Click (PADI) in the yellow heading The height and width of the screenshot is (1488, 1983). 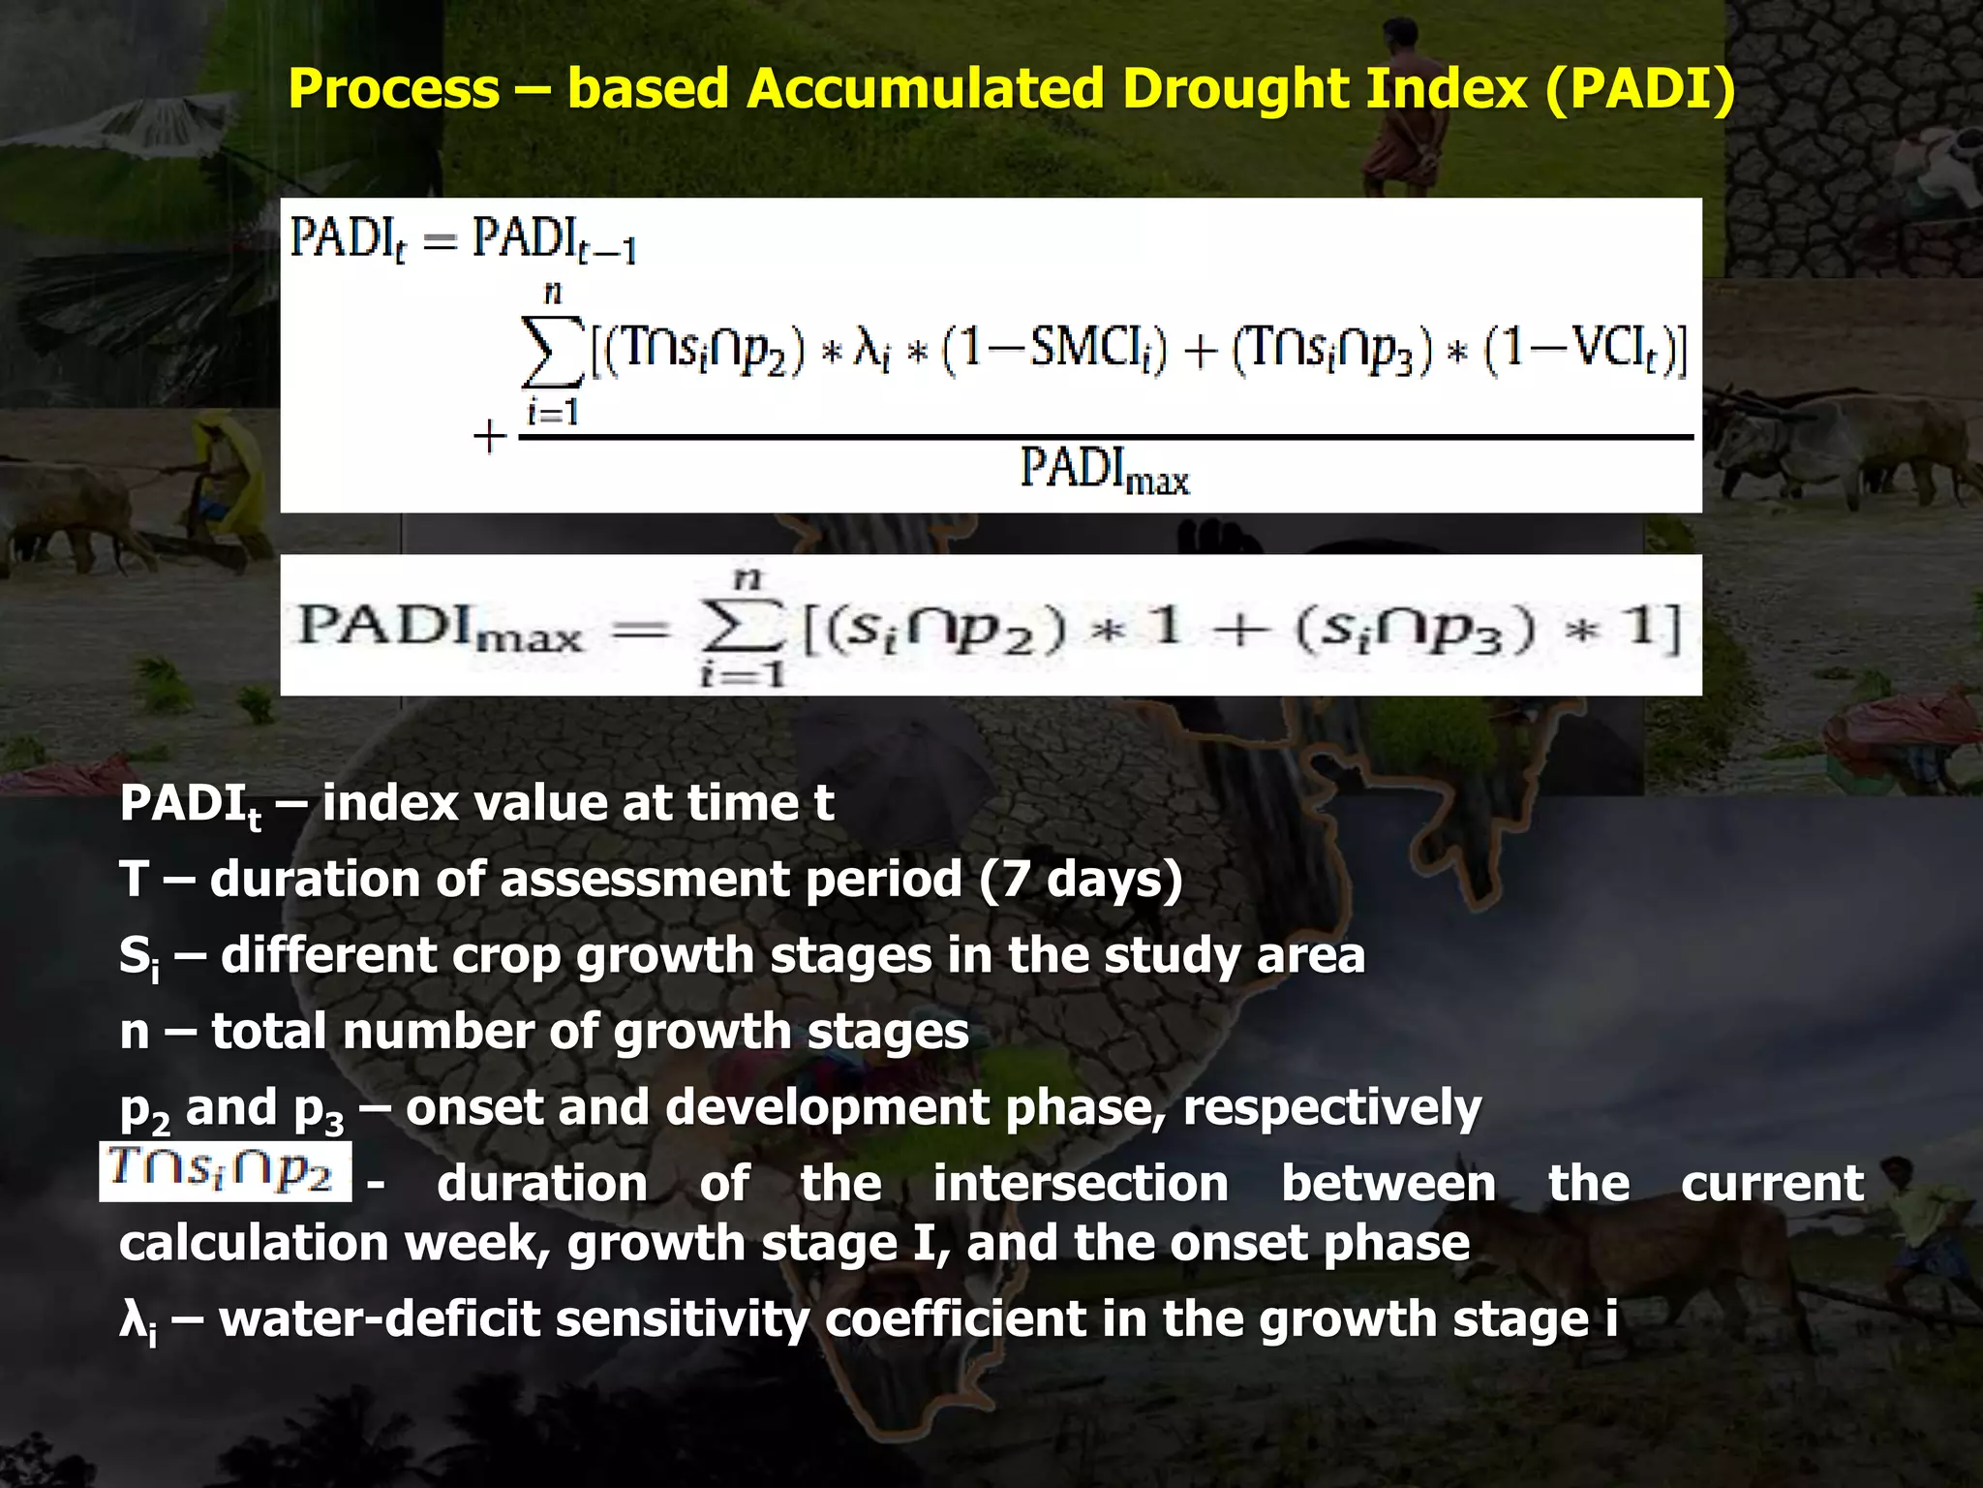[x=1639, y=89]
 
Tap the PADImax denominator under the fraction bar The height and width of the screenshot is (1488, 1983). [x=1104, y=471]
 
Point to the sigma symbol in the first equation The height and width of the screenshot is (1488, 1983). [x=552, y=351]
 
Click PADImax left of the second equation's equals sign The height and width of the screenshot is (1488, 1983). [x=441, y=627]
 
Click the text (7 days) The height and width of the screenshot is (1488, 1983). [x=1081, y=880]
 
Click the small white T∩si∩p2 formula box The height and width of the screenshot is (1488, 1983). [x=225, y=1172]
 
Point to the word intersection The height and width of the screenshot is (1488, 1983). [x=1081, y=1184]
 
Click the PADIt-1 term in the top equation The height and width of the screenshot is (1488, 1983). [x=554, y=239]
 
